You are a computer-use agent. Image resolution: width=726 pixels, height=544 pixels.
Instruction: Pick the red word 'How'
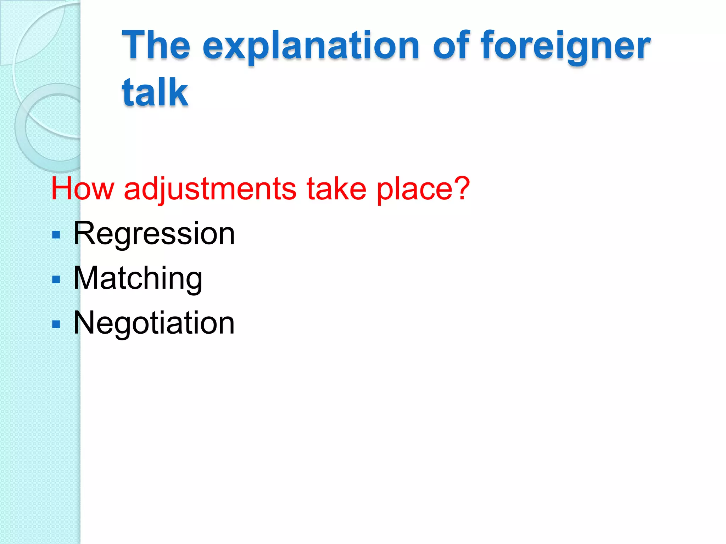click(x=83, y=188)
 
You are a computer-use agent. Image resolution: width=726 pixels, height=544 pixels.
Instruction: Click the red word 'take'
click(x=336, y=188)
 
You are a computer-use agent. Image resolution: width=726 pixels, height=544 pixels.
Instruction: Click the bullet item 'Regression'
click(x=154, y=234)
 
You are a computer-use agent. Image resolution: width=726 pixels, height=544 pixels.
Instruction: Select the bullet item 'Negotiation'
click(x=154, y=323)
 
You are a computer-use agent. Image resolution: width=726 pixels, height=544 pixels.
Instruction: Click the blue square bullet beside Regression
click(x=56, y=235)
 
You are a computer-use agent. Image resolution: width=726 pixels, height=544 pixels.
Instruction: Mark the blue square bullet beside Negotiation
click(x=56, y=324)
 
